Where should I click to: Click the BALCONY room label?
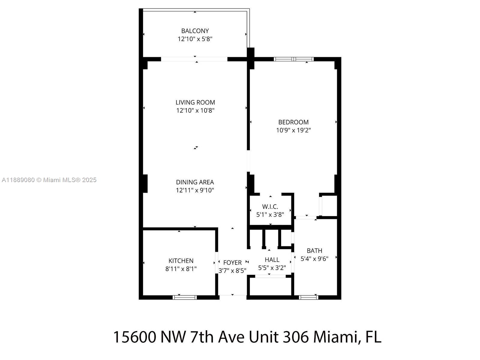click(x=195, y=31)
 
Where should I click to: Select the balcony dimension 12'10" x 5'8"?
click(x=195, y=39)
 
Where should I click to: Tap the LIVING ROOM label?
click(x=195, y=102)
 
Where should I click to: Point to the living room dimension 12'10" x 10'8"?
click(x=195, y=110)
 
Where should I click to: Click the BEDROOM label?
click(x=293, y=122)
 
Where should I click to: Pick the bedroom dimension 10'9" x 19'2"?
click(x=293, y=130)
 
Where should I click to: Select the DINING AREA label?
click(x=195, y=182)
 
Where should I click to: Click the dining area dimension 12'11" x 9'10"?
click(x=195, y=190)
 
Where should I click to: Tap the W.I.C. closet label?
click(x=270, y=207)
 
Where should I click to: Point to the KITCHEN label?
click(x=181, y=261)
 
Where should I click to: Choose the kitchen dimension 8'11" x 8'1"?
click(x=181, y=269)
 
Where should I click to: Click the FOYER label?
click(x=232, y=262)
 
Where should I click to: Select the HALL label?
click(x=272, y=259)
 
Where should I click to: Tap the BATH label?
click(x=314, y=250)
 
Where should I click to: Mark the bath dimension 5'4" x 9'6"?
click(x=314, y=259)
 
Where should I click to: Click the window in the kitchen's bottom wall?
click(x=185, y=297)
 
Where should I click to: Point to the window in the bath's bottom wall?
click(x=309, y=297)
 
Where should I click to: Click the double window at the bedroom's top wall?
click(x=294, y=59)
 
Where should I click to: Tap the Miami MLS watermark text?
click(x=49, y=180)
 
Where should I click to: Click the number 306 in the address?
click(x=296, y=337)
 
